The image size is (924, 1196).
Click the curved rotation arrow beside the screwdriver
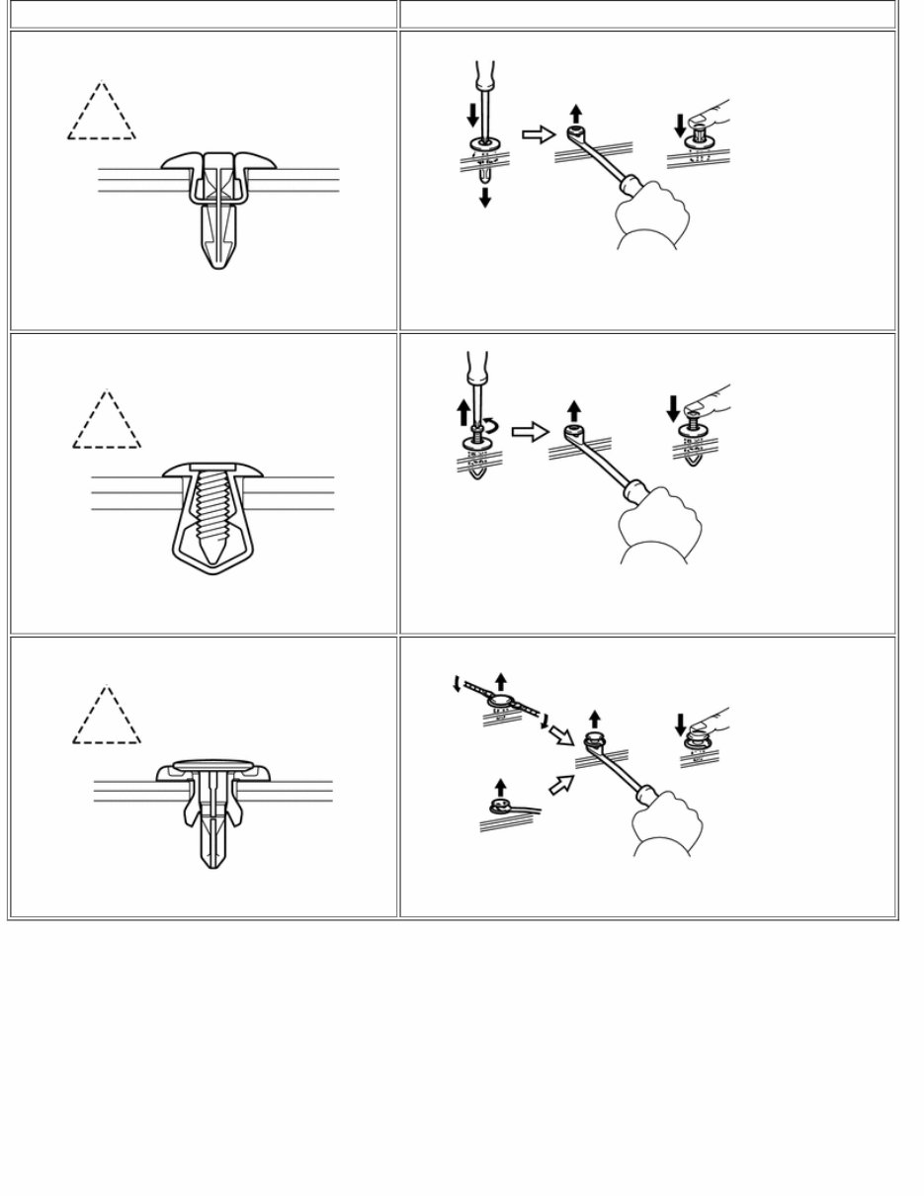coord(491,427)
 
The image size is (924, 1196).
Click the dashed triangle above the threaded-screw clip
coord(107,420)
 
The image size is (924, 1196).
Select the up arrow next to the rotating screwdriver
coord(463,411)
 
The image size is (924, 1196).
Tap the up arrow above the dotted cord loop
coord(501,680)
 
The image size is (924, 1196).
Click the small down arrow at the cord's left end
coord(456,684)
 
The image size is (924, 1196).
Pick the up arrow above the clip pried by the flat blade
coord(500,787)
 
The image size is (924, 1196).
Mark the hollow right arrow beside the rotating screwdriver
coord(530,432)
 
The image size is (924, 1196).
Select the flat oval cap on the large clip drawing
coord(214,764)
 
